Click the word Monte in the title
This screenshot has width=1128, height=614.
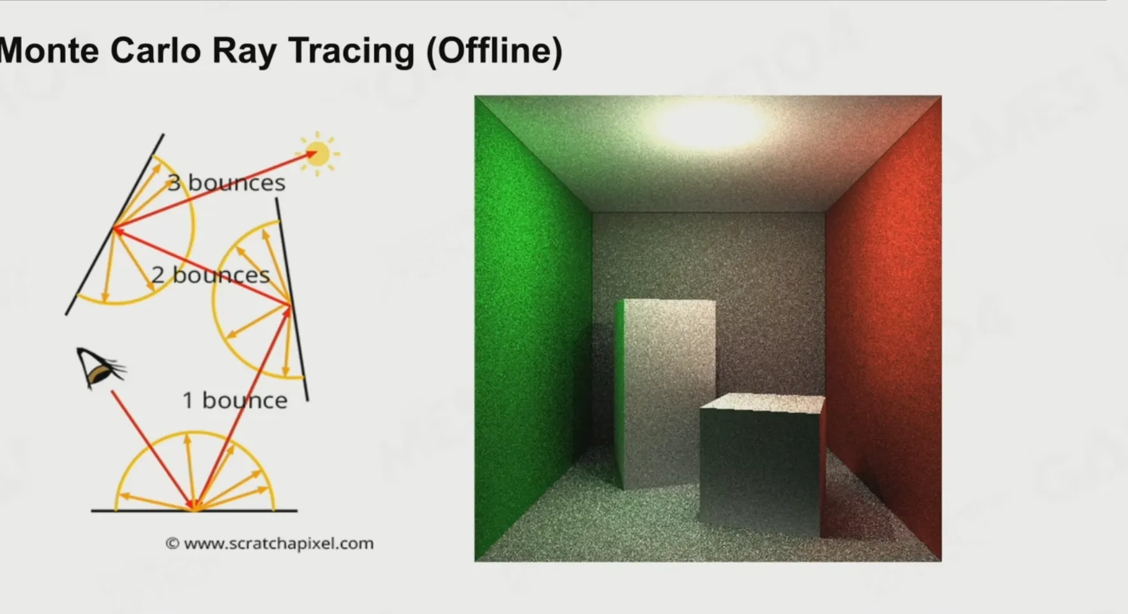click(x=49, y=50)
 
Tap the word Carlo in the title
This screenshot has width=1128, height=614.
click(x=155, y=50)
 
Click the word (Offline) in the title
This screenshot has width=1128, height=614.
click(x=494, y=51)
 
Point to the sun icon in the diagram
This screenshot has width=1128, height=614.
click(x=318, y=154)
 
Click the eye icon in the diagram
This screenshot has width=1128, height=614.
click(x=98, y=368)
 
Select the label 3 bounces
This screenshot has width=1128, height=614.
click(x=226, y=183)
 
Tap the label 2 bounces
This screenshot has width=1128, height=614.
click(x=211, y=275)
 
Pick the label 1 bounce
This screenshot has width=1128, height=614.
click(x=235, y=400)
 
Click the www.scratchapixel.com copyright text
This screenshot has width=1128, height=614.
click(x=270, y=544)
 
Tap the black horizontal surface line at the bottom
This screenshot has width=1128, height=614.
click(x=194, y=511)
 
